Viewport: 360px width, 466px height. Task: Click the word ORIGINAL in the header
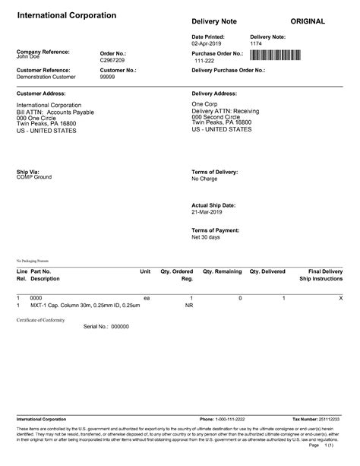(308, 21)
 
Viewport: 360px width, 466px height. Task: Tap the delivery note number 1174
(257, 43)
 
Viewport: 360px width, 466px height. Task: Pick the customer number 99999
(109, 77)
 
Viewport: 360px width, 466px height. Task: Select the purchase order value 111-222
(205, 60)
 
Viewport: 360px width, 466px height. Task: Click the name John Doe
(28, 56)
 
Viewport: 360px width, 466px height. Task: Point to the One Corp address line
(205, 105)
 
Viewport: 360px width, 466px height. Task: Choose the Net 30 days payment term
(206, 237)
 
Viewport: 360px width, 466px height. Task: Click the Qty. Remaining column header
(223, 271)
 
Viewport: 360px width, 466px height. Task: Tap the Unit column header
(145, 271)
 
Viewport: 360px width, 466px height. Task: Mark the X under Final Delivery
(339, 297)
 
